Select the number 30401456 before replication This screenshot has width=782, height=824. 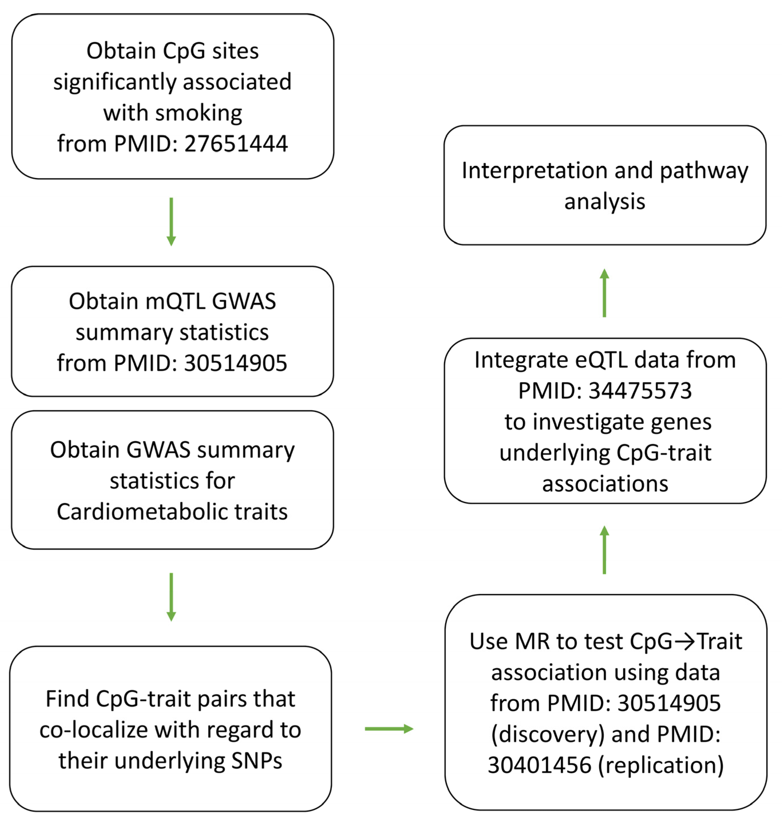539,765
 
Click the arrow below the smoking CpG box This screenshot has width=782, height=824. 171,221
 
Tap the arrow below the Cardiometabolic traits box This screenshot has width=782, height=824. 171,597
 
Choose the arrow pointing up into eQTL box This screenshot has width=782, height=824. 604,550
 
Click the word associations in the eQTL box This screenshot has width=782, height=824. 605,484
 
